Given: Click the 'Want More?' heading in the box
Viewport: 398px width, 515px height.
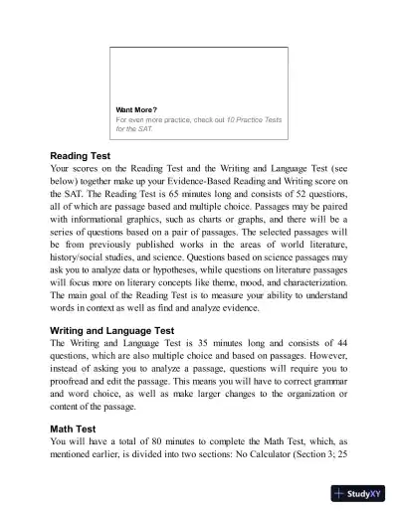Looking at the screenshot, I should [x=137, y=109].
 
